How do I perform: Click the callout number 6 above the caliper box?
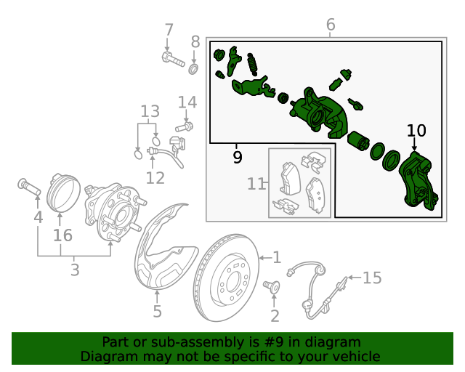pyautogui.click(x=331, y=24)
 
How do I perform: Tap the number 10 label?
pyautogui.click(x=416, y=131)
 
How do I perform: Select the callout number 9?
pyautogui.click(x=238, y=157)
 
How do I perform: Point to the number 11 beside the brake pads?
pyautogui.click(x=256, y=184)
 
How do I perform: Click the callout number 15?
pyautogui.click(x=372, y=278)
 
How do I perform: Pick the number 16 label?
pyautogui.click(x=62, y=235)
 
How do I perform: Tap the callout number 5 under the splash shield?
pyautogui.click(x=157, y=312)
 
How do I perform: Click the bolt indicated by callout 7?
pyautogui.click(x=174, y=60)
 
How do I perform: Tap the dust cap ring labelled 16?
pyautogui.click(x=63, y=193)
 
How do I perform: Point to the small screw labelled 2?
pyautogui.click(x=271, y=287)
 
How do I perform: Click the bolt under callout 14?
pyautogui.click(x=184, y=127)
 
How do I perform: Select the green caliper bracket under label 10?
pyautogui.click(x=418, y=182)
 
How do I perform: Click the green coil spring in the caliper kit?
pyautogui.click(x=252, y=64)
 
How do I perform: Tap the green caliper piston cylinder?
pyautogui.click(x=358, y=141)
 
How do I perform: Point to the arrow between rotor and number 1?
pyautogui.click(x=266, y=258)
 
